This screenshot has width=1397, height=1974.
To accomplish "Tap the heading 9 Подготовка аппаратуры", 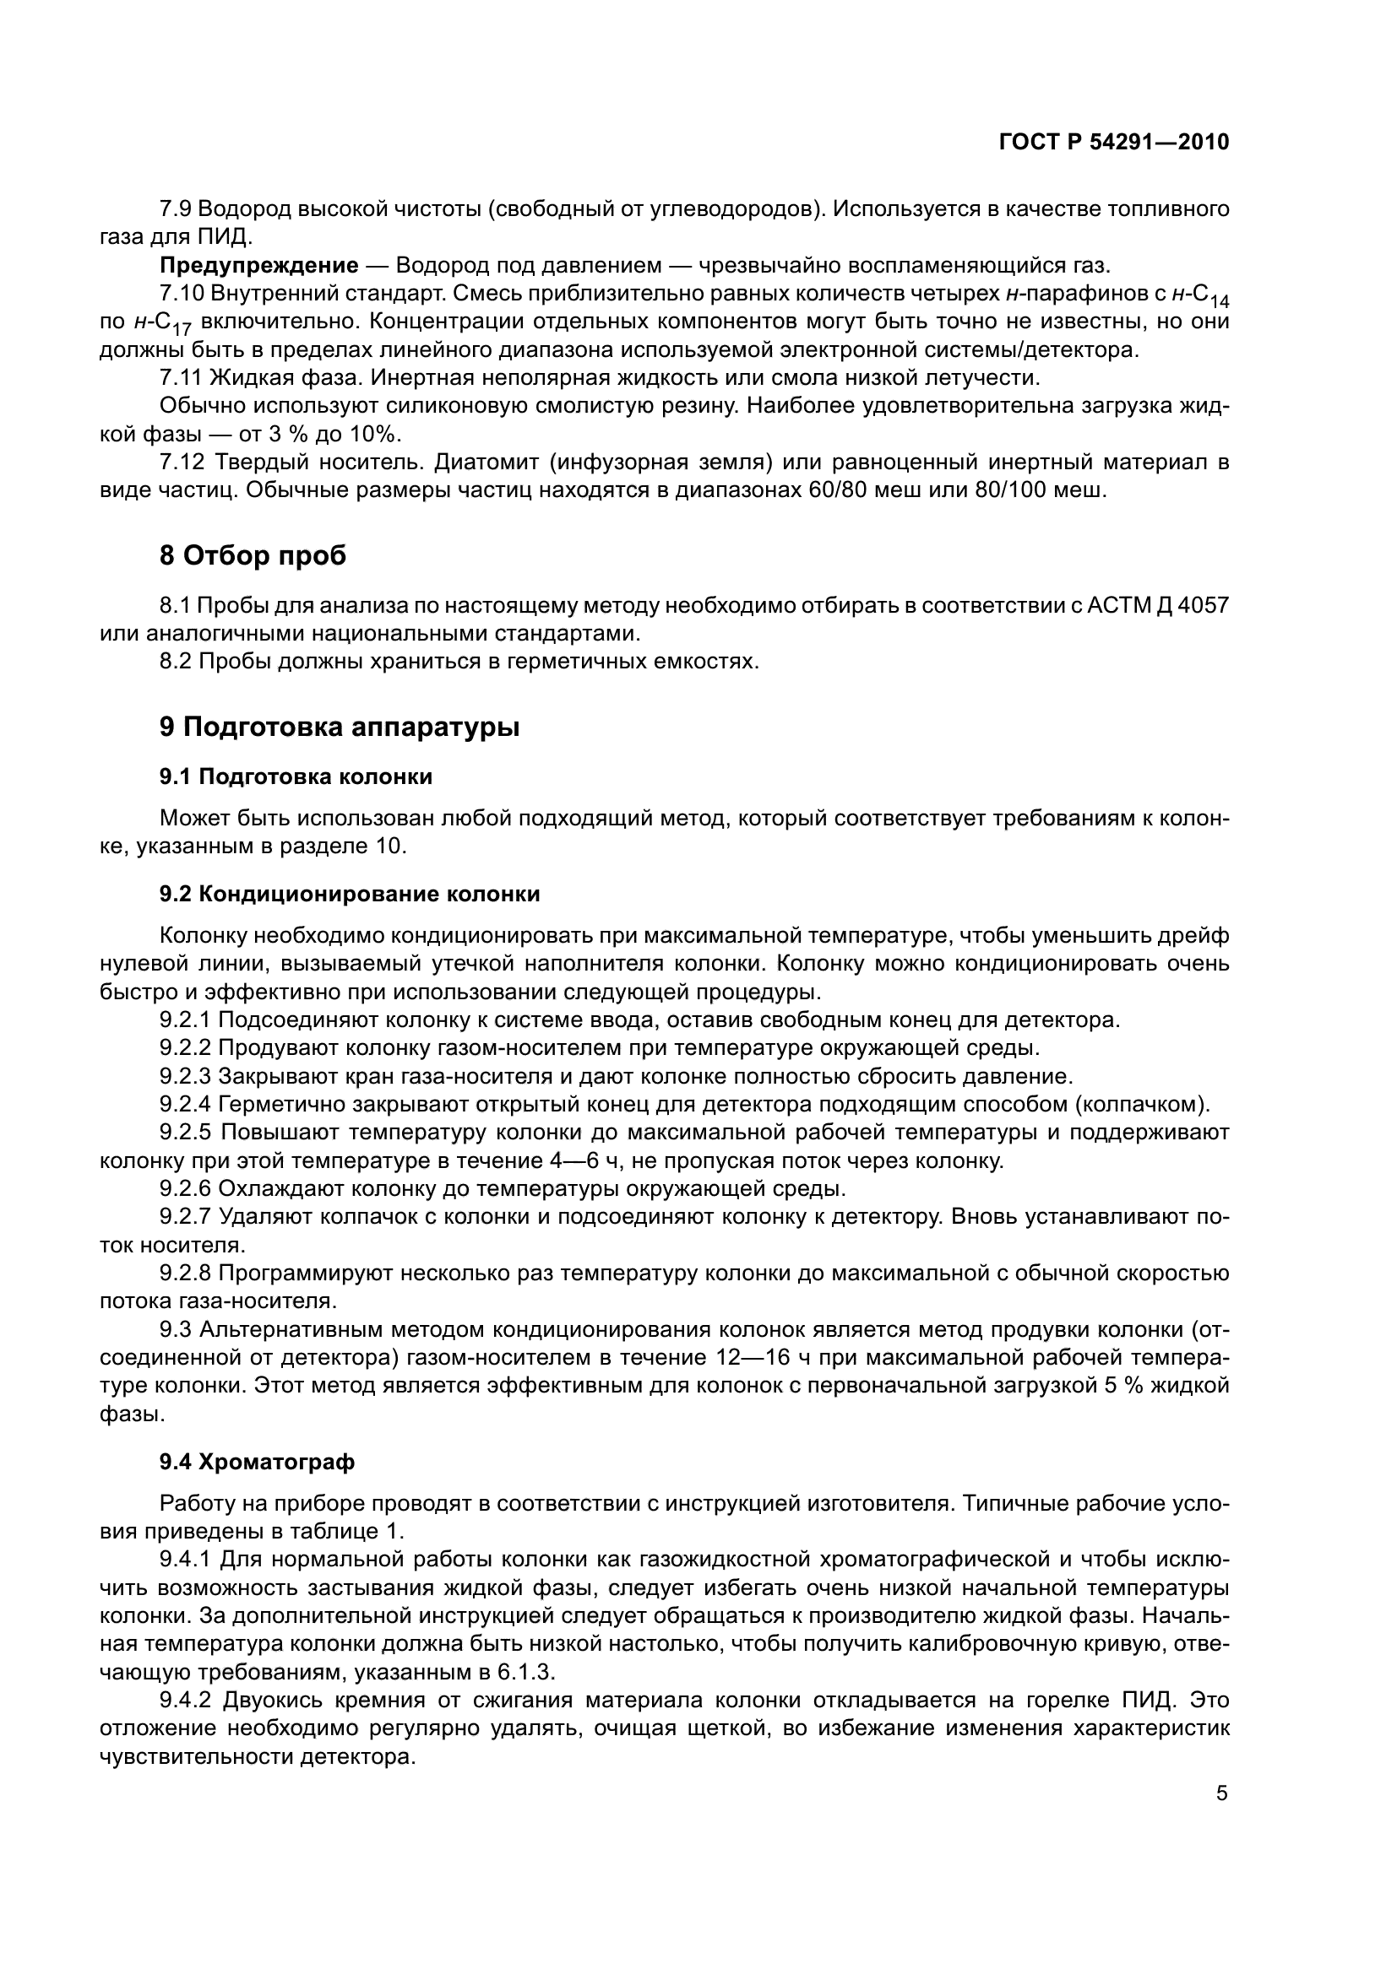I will (339, 727).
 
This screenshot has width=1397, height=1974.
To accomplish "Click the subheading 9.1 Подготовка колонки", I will (295, 777).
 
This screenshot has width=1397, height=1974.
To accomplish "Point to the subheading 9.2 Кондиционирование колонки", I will (350, 894).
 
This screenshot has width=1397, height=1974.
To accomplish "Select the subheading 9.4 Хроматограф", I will (257, 1463).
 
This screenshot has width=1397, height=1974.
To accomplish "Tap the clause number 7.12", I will (182, 462).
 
